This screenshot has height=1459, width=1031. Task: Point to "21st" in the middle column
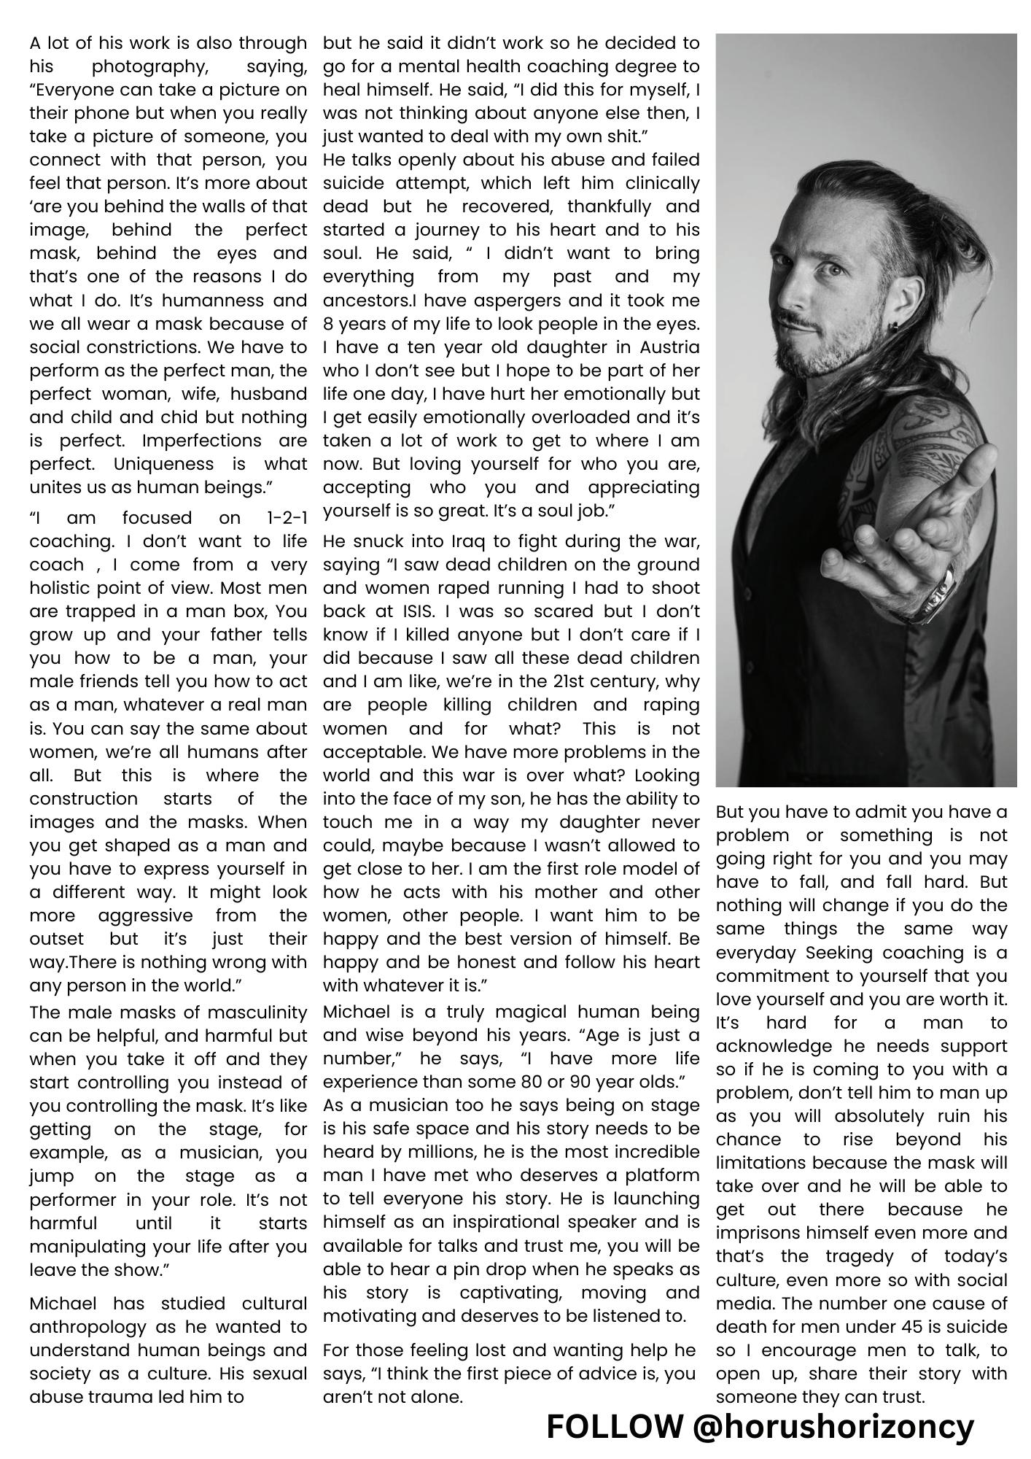click(x=552, y=681)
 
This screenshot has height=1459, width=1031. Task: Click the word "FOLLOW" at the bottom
click(x=614, y=1426)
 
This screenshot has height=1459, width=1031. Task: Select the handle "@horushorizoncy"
click(x=833, y=1426)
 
